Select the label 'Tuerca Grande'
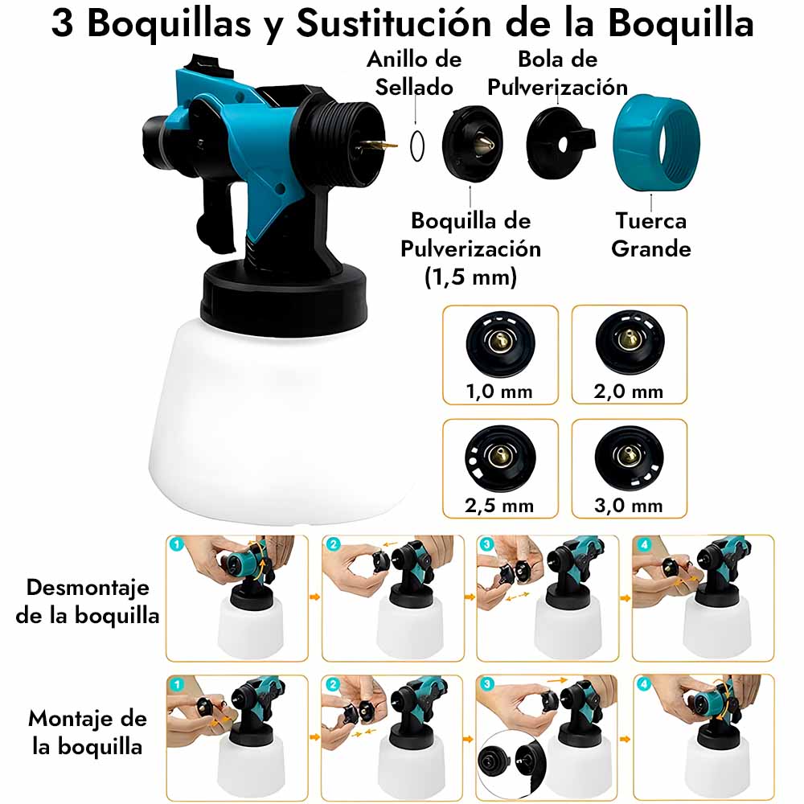click(x=650, y=234)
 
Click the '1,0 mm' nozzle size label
click(x=499, y=392)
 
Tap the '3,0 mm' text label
click(x=629, y=506)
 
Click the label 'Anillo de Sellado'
click(x=414, y=73)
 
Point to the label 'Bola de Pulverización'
click(x=557, y=73)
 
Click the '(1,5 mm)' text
click(x=470, y=277)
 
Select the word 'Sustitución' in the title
click(x=394, y=23)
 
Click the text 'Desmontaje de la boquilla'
click(x=88, y=601)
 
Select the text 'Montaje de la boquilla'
click(x=88, y=732)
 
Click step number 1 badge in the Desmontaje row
click(x=176, y=544)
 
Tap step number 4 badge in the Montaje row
click(x=644, y=684)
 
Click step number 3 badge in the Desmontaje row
click(x=486, y=544)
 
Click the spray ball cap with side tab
click(x=560, y=144)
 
